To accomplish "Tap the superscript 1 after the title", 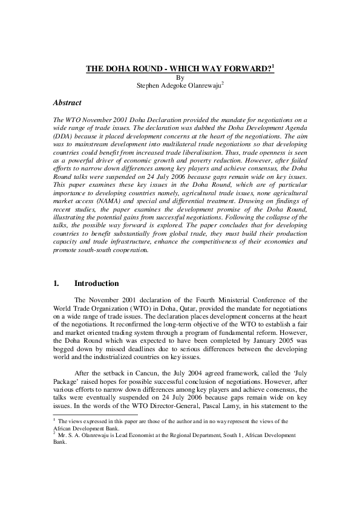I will (273, 67).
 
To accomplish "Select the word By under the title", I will (179, 77).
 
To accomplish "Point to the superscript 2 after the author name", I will (222, 83).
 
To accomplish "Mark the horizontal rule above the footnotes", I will (91, 415).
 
